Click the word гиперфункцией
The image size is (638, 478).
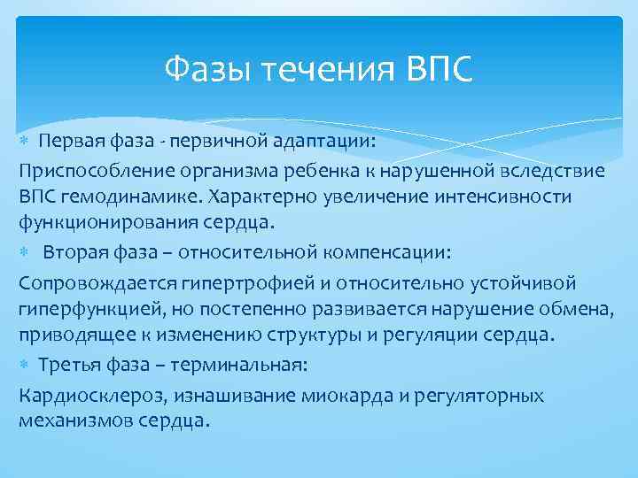[x=83, y=309]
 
